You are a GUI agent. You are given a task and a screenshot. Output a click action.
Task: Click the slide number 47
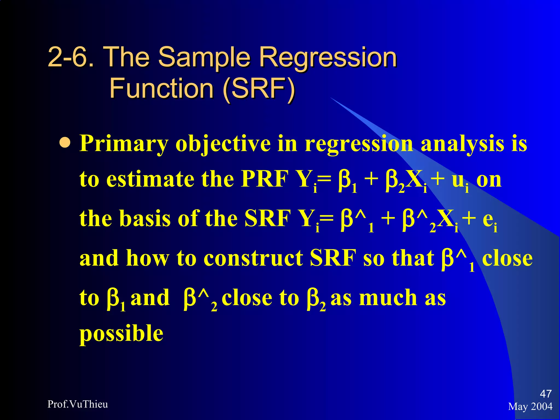point(546,394)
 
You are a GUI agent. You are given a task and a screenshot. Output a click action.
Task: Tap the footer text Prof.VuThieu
point(78,404)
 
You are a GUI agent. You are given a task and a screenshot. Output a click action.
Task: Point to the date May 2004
point(530,407)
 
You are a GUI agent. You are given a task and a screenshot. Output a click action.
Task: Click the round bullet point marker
point(65,143)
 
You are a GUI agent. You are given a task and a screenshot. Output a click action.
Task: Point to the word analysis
point(462,144)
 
